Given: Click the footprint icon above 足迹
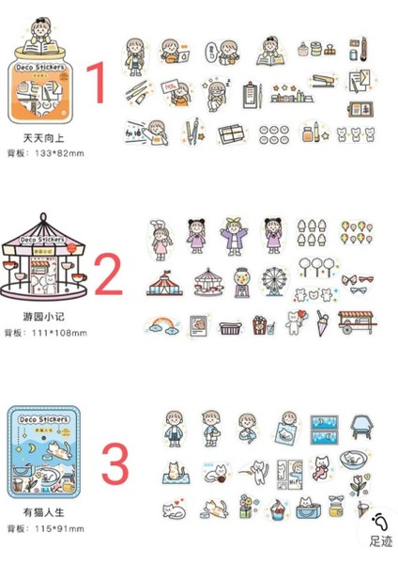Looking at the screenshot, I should point(380,523).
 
